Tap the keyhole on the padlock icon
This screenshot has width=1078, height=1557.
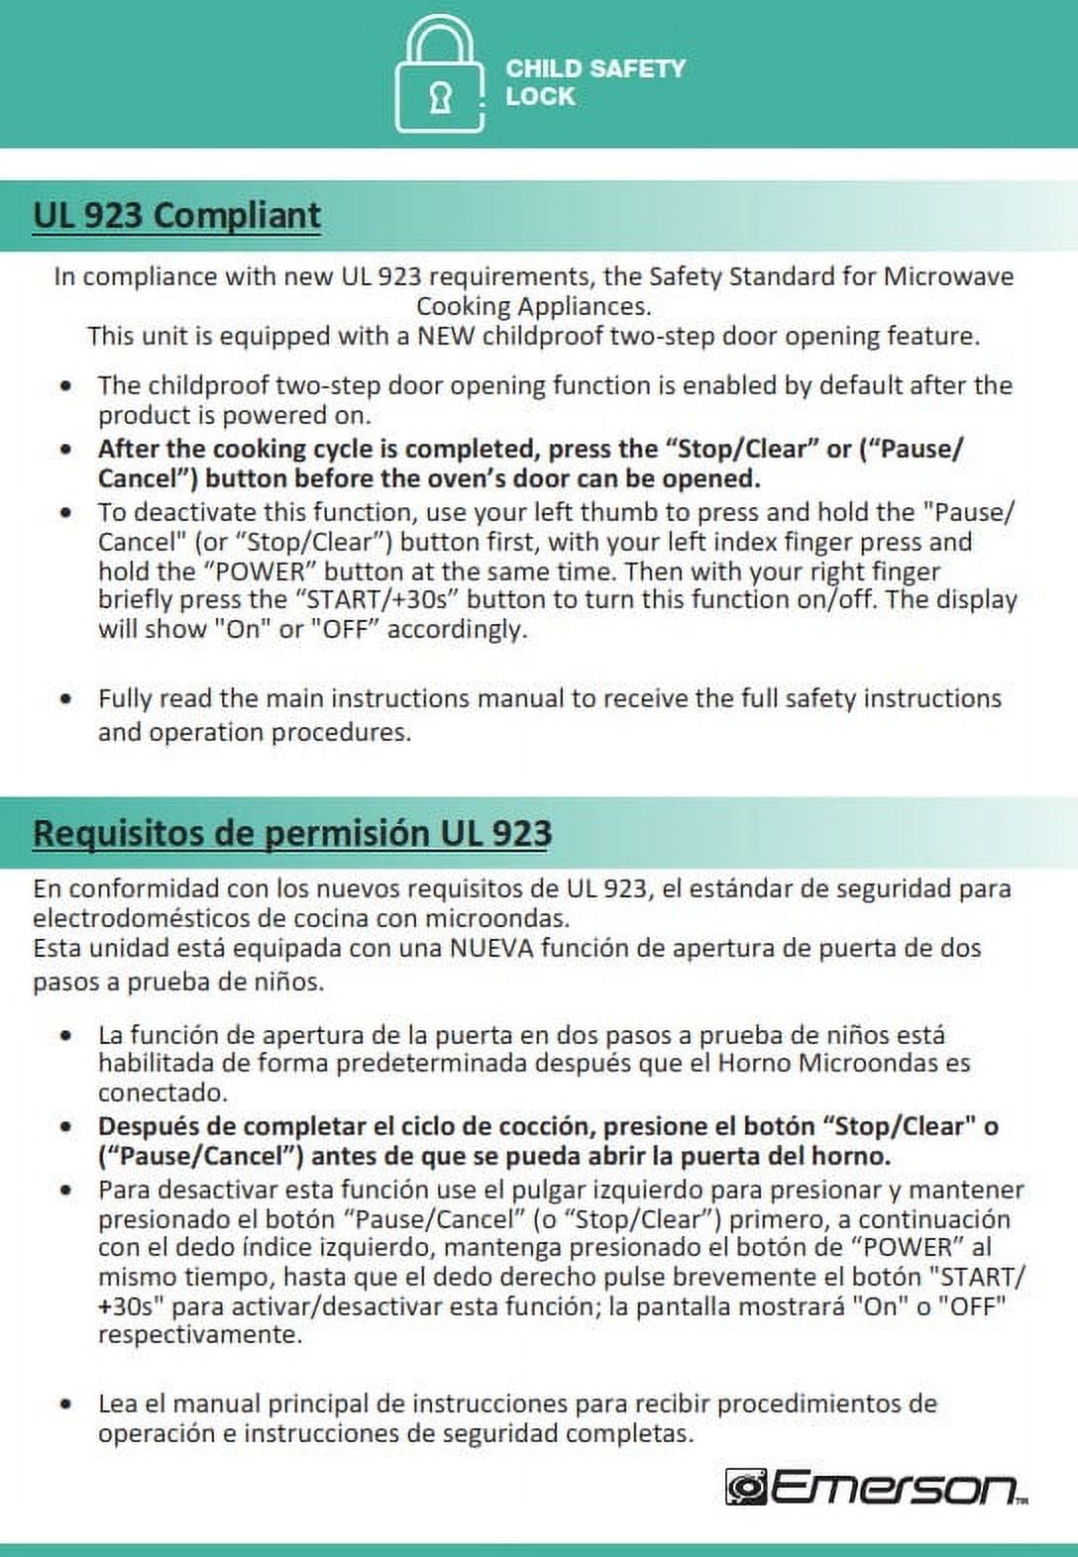point(440,98)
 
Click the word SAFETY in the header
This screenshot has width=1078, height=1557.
point(637,68)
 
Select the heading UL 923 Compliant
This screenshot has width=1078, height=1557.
point(176,215)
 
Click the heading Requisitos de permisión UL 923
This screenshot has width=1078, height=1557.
point(291,832)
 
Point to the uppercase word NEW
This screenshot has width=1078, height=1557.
point(446,336)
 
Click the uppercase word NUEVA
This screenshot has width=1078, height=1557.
point(491,948)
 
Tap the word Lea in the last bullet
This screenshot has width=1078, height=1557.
point(117,1403)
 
